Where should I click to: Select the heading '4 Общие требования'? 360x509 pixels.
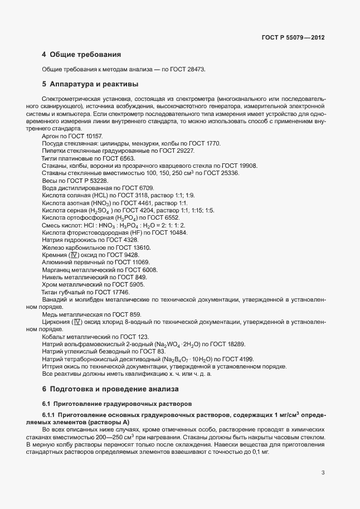(81, 55)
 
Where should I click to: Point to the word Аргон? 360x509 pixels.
(51, 136)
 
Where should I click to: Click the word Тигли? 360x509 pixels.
(50, 158)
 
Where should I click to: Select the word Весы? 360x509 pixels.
(50, 181)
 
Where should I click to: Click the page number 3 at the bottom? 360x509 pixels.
(323, 473)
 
